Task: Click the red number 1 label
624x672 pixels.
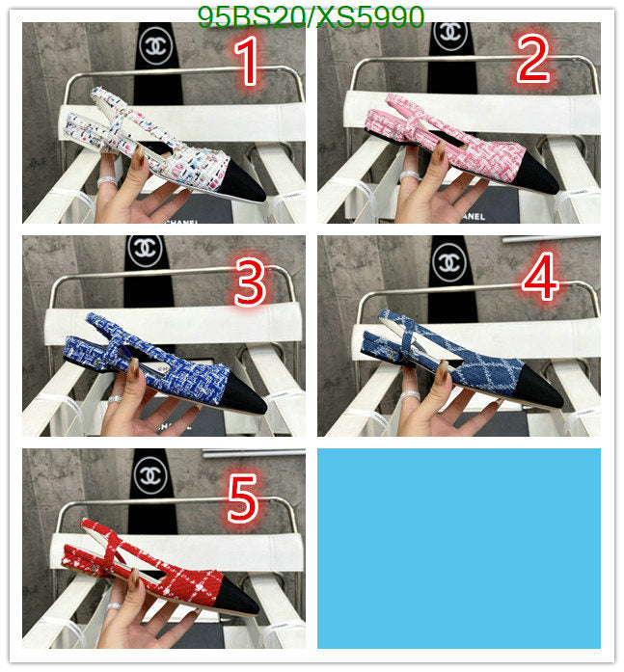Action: [x=247, y=61]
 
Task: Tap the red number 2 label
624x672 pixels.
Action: [x=532, y=59]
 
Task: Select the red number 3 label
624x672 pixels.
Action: [x=250, y=282]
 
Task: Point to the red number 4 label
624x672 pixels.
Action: [x=539, y=277]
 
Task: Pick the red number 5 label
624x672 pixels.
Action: [x=242, y=498]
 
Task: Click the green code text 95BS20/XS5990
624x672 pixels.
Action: [x=311, y=17]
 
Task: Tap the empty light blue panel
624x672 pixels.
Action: [x=458, y=549]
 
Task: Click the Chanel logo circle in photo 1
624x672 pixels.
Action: [x=155, y=45]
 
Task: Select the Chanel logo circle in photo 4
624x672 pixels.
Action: [x=449, y=262]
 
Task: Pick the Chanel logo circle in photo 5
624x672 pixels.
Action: [x=150, y=475]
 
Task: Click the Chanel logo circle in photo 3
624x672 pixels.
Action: [x=146, y=249]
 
